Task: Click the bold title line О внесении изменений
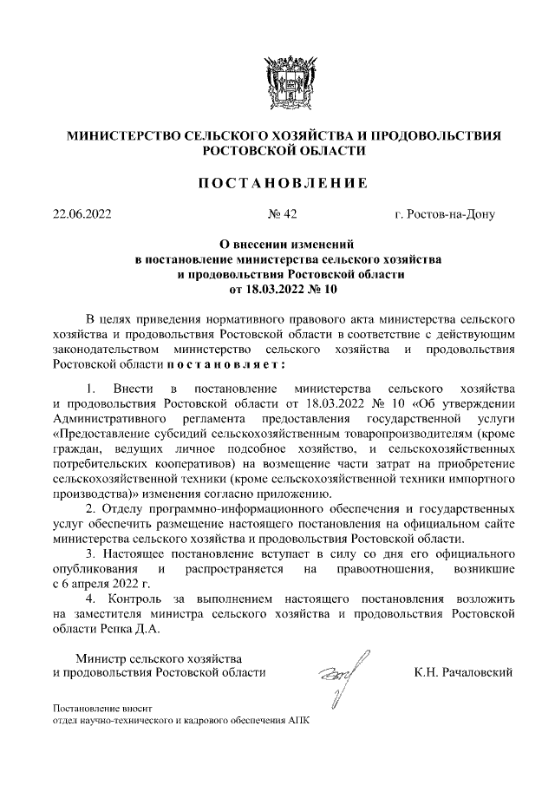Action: (x=277, y=245)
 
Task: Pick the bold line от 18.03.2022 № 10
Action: (x=277, y=289)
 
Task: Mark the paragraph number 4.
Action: (x=91, y=599)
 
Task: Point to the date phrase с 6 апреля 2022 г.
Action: (x=102, y=584)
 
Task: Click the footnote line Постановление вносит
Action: (x=102, y=708)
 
